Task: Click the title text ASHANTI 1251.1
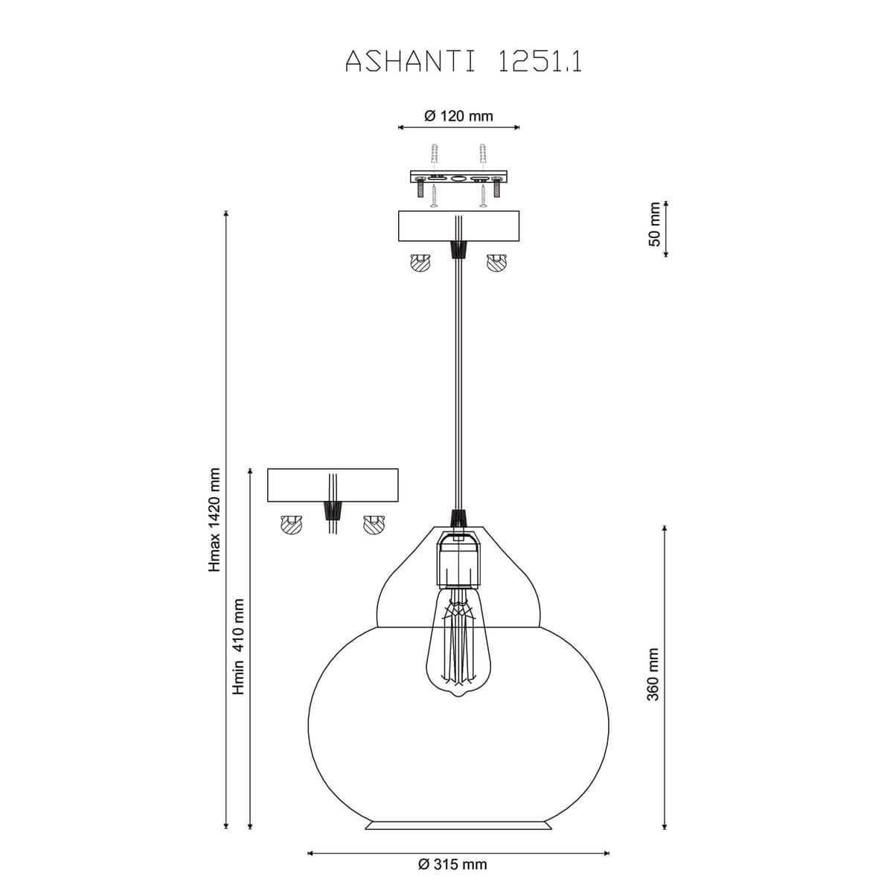[464, 61]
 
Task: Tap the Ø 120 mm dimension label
[458, 116]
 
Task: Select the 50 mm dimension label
[654, 224]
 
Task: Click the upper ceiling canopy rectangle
[458, 226]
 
